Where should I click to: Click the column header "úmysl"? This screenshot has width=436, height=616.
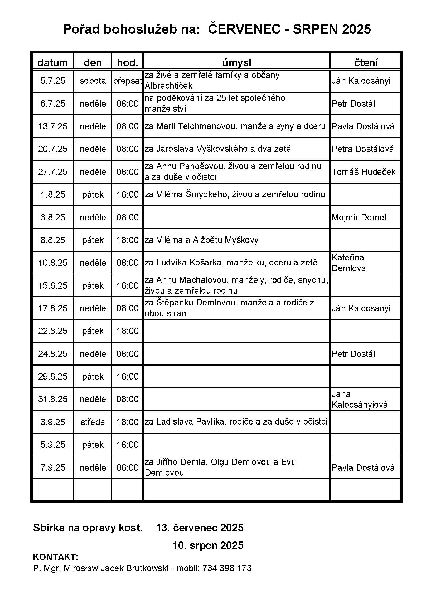236,62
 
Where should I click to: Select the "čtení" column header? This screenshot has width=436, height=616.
366,62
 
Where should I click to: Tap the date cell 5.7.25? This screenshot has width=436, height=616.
53,81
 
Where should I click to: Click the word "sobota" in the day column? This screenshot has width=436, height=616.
93,81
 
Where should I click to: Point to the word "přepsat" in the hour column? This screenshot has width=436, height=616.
127,81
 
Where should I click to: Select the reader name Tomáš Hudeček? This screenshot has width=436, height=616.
364,172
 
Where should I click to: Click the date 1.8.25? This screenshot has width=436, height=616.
53,195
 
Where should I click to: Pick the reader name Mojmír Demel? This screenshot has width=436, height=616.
359,217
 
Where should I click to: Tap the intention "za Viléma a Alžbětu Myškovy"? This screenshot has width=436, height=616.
201,240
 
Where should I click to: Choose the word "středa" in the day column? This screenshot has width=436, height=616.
93,422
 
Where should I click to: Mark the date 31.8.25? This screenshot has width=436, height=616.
53,399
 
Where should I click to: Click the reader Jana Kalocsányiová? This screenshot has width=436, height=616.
360,399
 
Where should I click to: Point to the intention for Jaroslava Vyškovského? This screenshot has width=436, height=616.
217,149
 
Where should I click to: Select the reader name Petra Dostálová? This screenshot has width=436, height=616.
363,149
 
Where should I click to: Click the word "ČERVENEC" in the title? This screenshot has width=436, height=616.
244,29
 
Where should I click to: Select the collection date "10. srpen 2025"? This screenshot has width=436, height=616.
208,545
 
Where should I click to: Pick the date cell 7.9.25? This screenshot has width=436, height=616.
53,468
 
